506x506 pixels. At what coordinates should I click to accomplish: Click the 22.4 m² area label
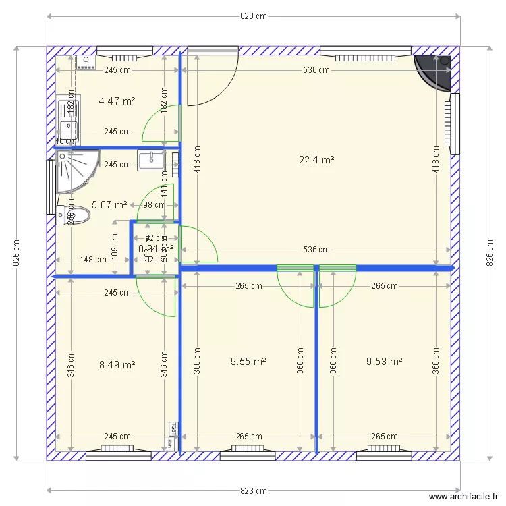click(x=316, y=160)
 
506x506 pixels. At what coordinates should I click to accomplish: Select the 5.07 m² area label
click(x=109, y=204)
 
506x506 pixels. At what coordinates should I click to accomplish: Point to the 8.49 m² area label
click(x=117, y=365)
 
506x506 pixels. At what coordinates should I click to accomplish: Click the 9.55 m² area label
click(x=248, y=362)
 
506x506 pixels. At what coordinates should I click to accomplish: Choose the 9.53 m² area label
click(x=384, y=362)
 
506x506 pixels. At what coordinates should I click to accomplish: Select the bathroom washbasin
click(x=152, y=160)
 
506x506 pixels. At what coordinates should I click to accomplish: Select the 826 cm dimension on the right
click(x=490, y=253)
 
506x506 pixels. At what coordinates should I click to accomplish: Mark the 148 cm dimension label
click(x=93, y=259)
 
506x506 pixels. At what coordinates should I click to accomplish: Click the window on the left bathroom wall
click(x=51, y=186)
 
